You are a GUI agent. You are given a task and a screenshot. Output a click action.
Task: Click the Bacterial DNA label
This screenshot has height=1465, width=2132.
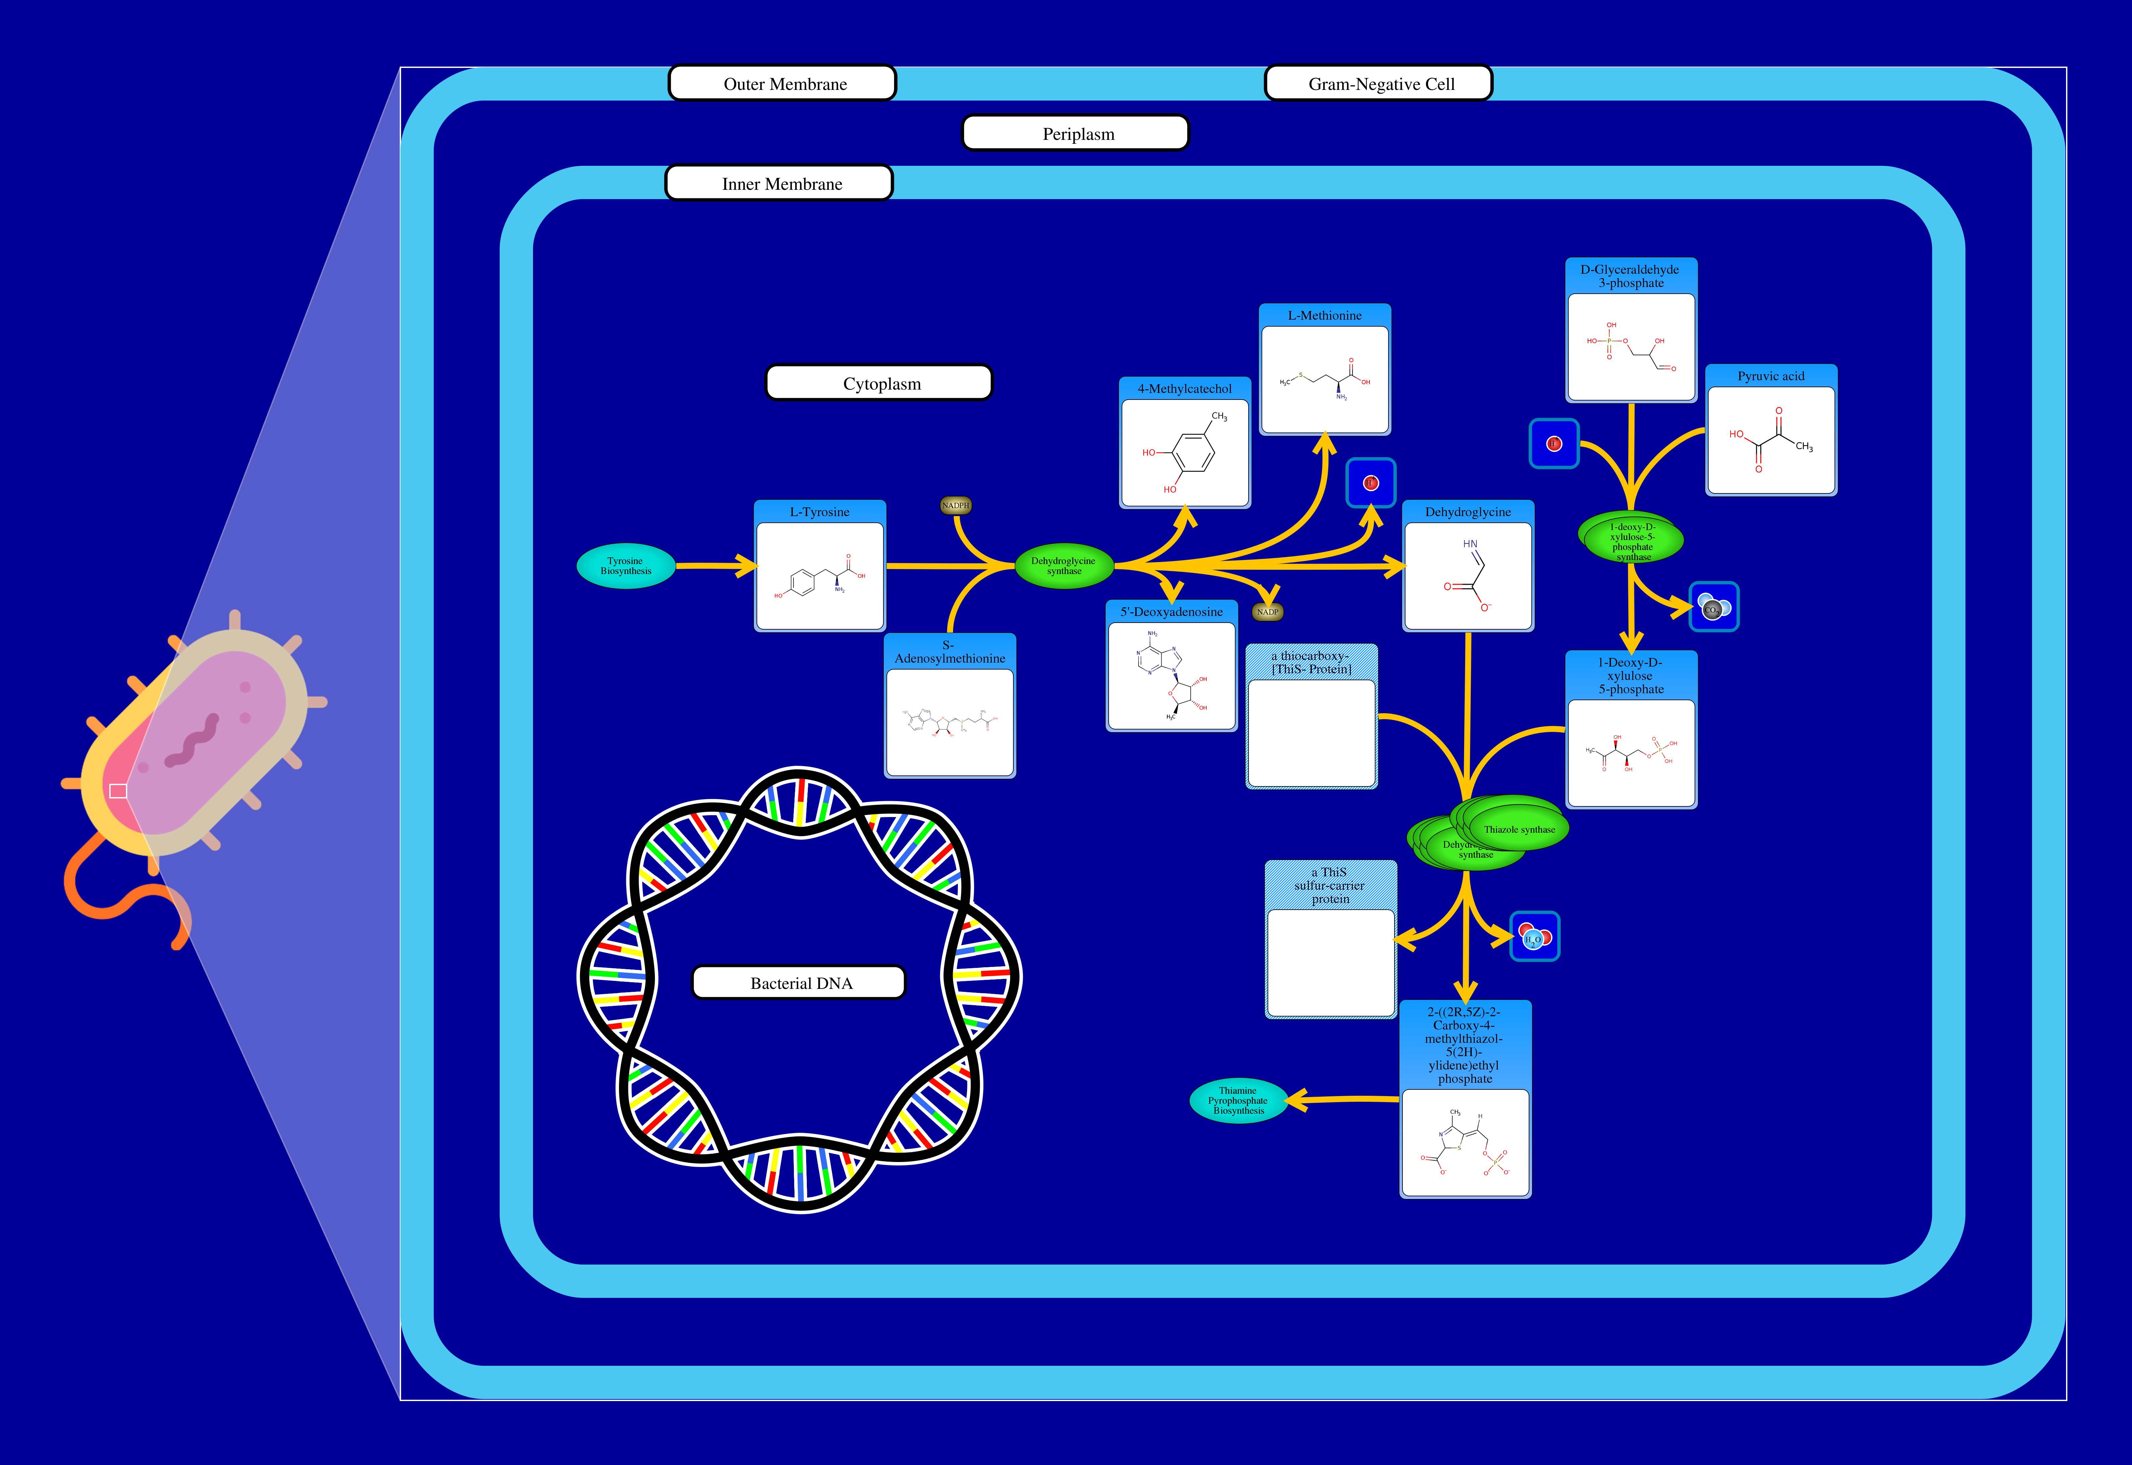799,982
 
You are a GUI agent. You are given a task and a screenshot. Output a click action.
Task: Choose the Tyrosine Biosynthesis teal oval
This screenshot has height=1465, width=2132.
625,566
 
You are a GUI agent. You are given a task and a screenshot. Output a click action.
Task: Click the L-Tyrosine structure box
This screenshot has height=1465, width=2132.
819,566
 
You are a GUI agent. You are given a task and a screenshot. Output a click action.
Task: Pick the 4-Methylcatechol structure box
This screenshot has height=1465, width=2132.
1185,442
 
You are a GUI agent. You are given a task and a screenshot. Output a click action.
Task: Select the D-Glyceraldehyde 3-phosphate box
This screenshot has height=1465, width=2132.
1631,330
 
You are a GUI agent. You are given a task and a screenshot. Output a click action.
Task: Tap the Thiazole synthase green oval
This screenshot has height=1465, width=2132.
1519,828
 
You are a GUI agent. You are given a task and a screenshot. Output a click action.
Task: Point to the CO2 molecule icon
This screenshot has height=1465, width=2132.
1713,607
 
